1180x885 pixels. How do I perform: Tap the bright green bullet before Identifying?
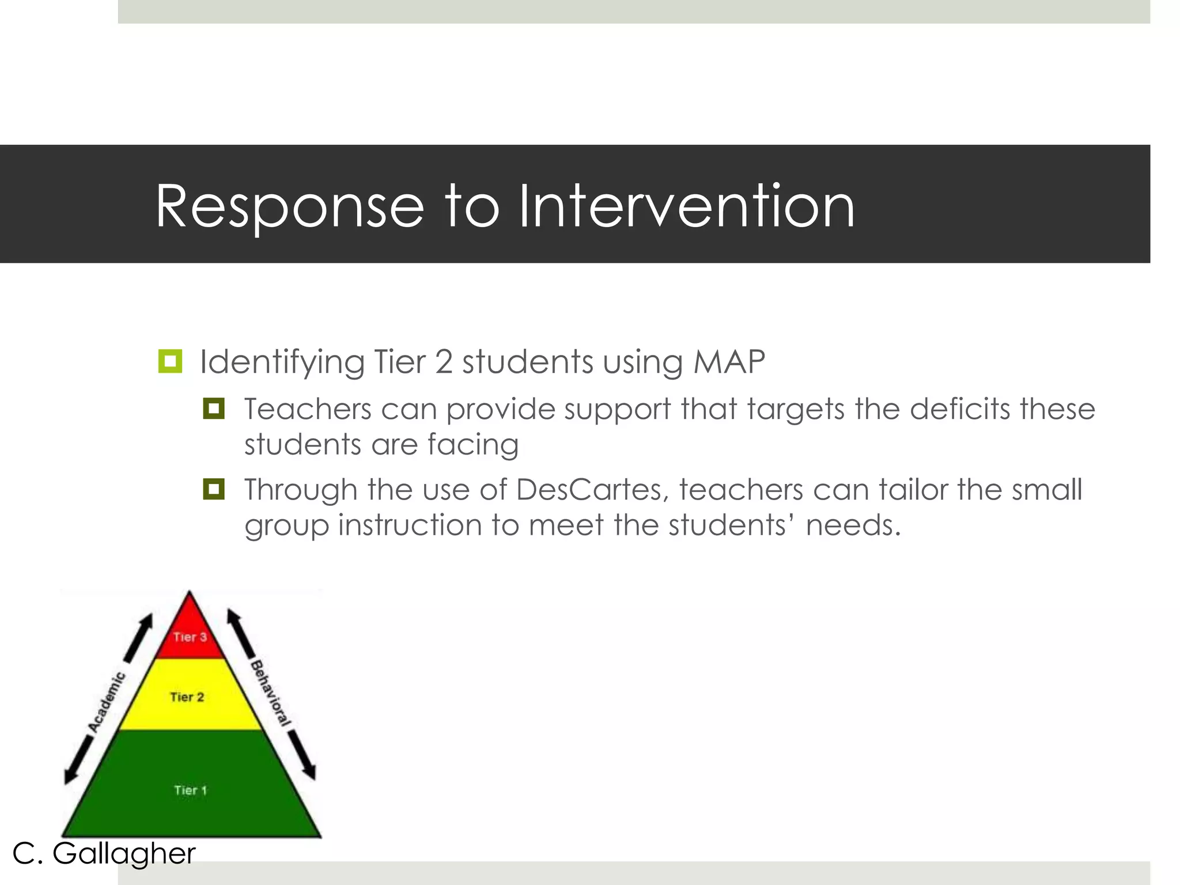170,361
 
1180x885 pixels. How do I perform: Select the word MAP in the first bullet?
729,362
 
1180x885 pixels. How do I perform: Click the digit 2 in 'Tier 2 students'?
444,362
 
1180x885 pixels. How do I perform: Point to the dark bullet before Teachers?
214,409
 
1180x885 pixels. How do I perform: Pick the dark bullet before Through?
214,489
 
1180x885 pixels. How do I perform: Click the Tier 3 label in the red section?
190,637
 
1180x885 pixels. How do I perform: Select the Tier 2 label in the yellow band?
187,697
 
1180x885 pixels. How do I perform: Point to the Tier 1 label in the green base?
190,790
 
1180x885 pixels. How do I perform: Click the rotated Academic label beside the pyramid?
107,702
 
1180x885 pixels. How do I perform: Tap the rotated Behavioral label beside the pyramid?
270,693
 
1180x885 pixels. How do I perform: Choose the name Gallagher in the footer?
124,853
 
